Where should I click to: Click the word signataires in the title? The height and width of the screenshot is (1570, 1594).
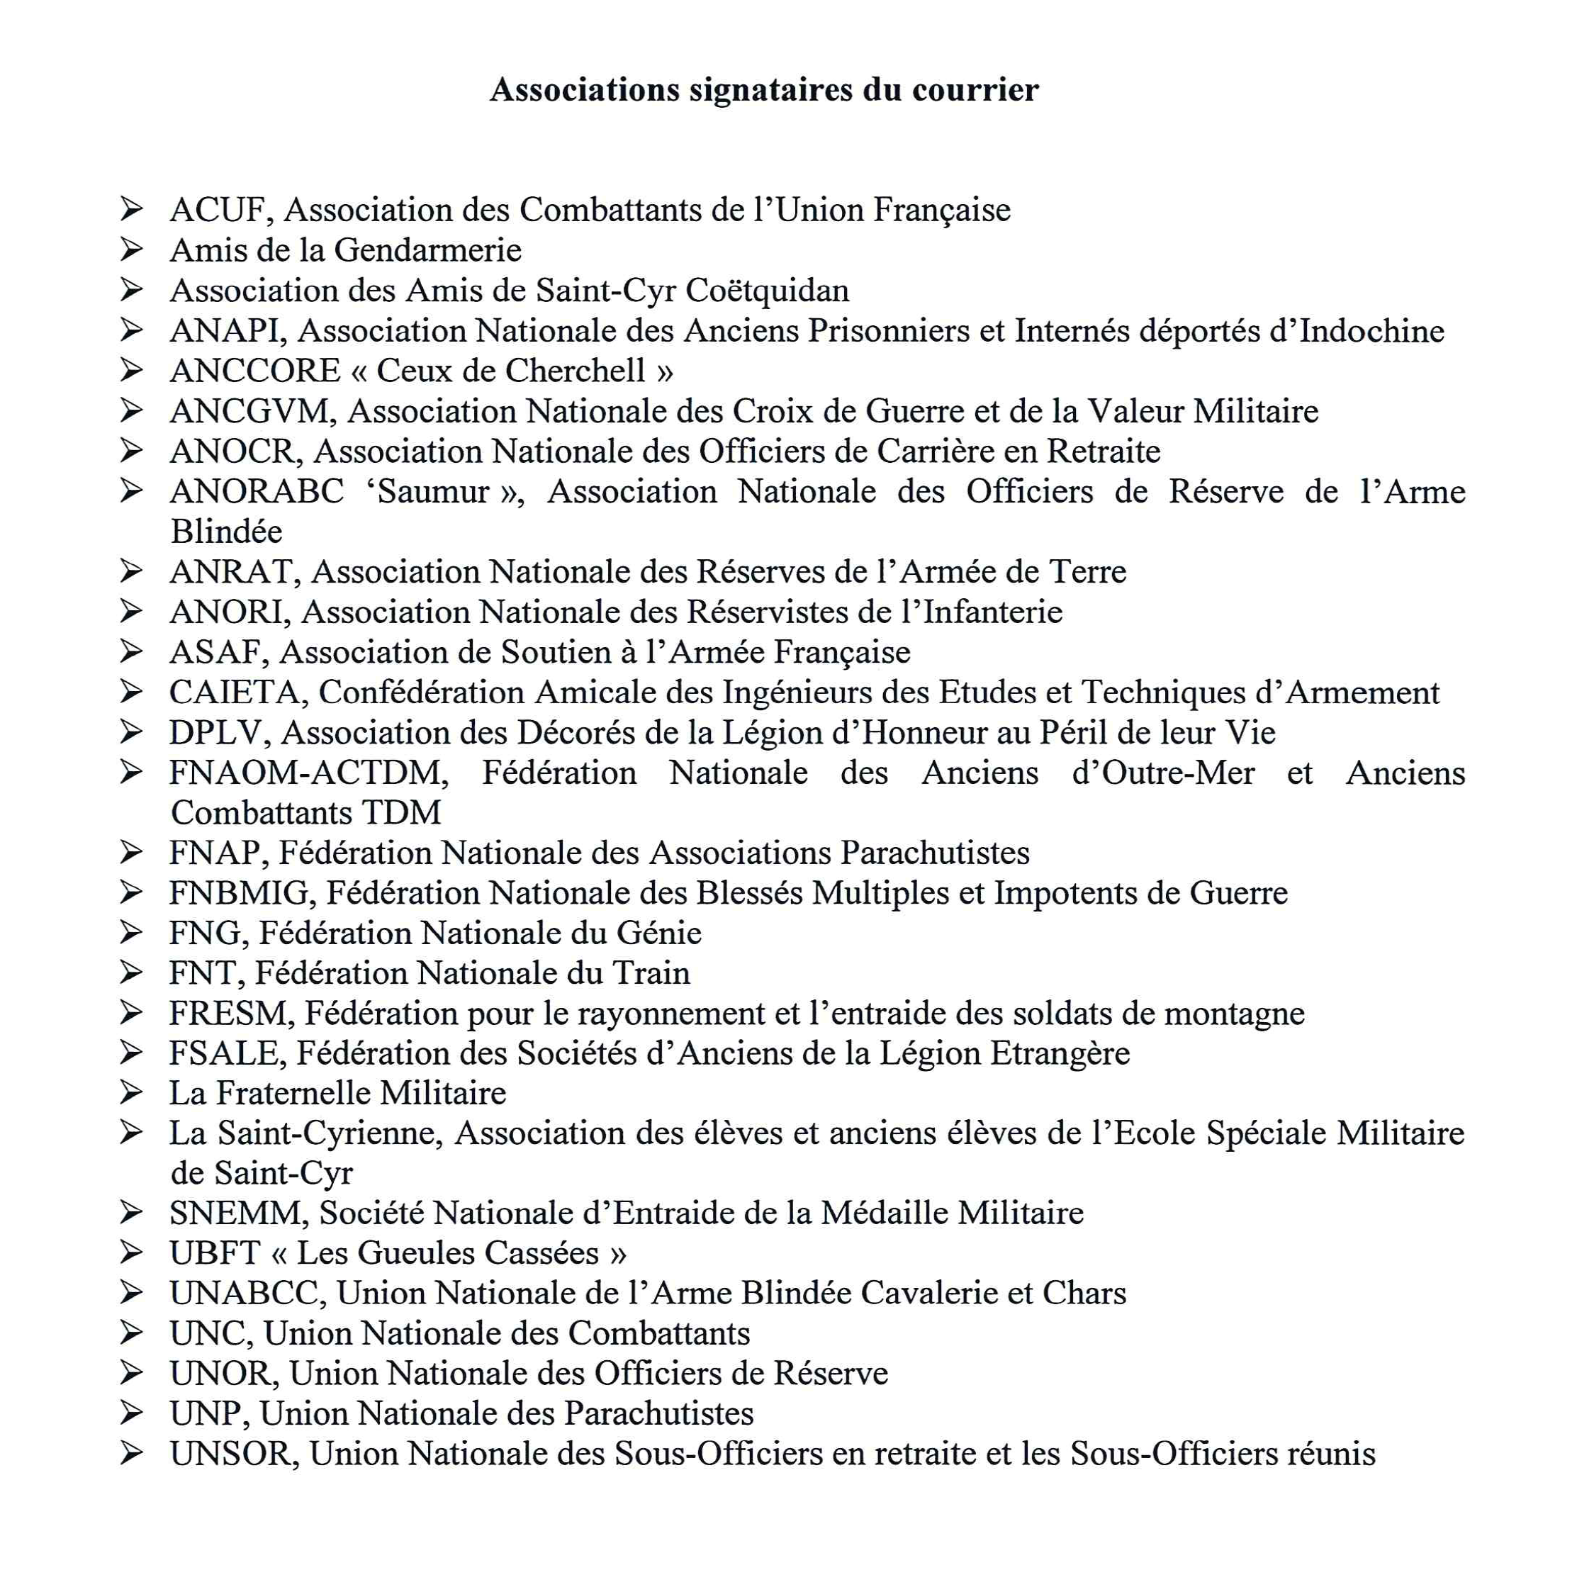coord(770,90)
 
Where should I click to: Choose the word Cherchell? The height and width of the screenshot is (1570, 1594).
coord(575,371)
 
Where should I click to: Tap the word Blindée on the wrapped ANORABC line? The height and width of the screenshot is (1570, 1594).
coord(226,532)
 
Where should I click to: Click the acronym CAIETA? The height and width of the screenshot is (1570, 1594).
coord(236,693)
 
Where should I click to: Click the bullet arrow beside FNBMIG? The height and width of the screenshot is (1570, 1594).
coord(130,892)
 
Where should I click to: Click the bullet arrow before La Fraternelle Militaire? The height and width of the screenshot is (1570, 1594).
coord(130,1092)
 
